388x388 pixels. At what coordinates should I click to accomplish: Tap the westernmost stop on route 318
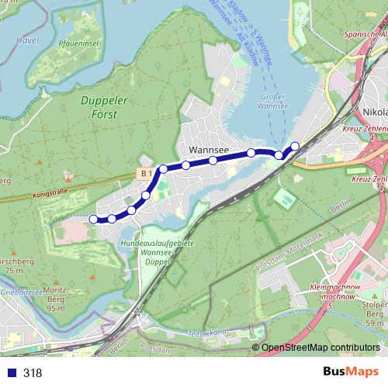[x=94, y=219]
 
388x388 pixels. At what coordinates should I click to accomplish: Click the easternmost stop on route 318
[x=295, y=145]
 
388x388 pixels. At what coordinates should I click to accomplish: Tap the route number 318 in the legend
[x=33, y=373]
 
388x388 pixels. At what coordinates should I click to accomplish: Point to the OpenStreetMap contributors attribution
[x=320, y=348]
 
